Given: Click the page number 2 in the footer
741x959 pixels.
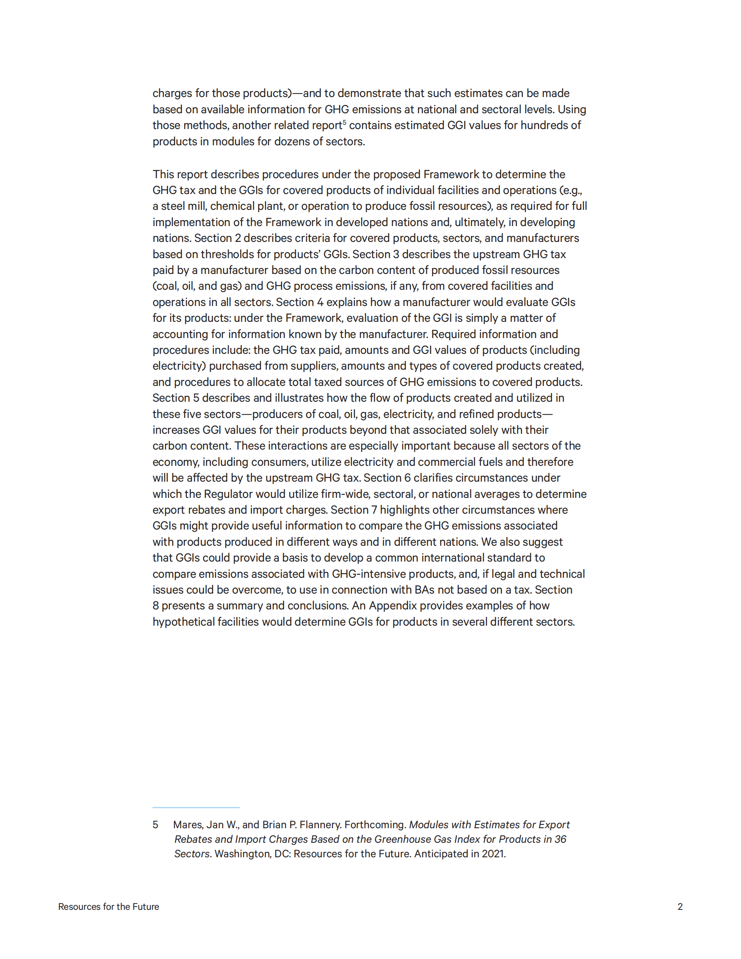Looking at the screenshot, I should click(x=680, y=906).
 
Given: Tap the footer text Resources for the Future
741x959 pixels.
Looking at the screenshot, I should click(x=109, y=906).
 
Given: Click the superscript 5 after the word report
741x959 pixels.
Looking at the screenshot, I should click(x=344, y=123).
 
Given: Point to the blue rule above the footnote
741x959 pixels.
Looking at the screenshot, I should click(x=196, y=807).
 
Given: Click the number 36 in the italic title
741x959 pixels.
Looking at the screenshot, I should click(x=561, y=839).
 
